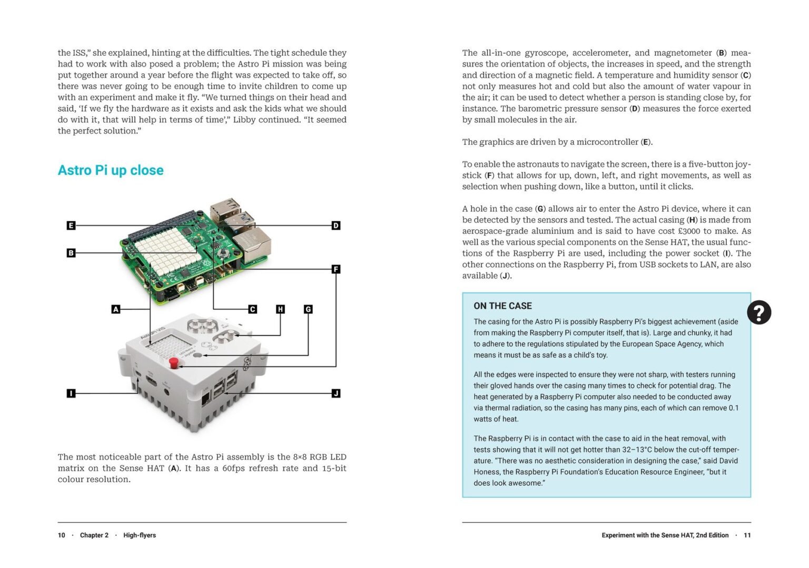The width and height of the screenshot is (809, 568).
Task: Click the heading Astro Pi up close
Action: click(x=111, y=170)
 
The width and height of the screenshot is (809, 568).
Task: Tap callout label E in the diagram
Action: click(x=71, y=226)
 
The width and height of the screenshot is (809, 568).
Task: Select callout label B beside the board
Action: click(x=71, y=253)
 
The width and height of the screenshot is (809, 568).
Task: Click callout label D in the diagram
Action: click(x=336, y=226)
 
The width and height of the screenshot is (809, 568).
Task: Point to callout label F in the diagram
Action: click(x=336, y=269)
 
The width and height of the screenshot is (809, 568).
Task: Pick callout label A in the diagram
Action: click(x=116, y=309)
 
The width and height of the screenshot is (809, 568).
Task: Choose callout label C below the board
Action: click(x=253, y=309)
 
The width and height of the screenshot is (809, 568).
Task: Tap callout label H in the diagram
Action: click(x=280, y=309)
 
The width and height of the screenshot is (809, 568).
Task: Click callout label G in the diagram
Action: click(x=308, y=309)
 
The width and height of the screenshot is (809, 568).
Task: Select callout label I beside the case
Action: click(x=71, y=393)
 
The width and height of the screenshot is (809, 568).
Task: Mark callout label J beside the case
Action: click(x=336, y=393)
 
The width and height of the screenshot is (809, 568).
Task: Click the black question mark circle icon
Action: click(x=759, y=312)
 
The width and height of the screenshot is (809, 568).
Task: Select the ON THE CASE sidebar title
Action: click(x=502, y=306)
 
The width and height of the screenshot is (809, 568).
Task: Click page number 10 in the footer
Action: click(x=62, y=535)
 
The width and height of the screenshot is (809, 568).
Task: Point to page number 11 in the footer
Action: click(x=747, y=535)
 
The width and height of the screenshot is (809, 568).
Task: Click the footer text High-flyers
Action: click(x=140, y=535)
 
